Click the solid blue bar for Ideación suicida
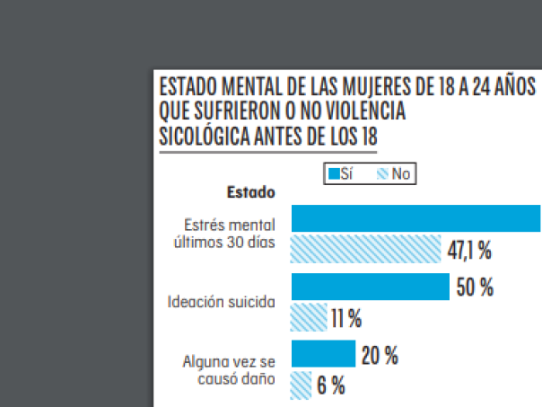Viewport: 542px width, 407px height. click(370, 287)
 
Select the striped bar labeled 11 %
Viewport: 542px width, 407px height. click(309, 317)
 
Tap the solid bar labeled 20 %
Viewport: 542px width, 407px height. click(323, 354)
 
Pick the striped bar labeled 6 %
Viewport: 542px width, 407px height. click(302, 385)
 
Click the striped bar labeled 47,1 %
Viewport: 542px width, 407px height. click(366, 249)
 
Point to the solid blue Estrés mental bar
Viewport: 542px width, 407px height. click(415, 219)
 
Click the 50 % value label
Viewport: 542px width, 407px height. click(476, 288)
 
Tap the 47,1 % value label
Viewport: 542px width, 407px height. click(469, 251)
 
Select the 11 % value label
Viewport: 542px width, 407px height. click(346, 318)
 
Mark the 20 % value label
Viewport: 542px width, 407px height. click(380, 356)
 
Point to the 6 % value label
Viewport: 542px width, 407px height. click(331, 386)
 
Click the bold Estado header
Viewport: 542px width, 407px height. click(250, 191)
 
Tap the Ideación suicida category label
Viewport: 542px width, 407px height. click(222, 301)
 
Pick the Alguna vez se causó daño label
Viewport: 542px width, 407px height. click(229, 369)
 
